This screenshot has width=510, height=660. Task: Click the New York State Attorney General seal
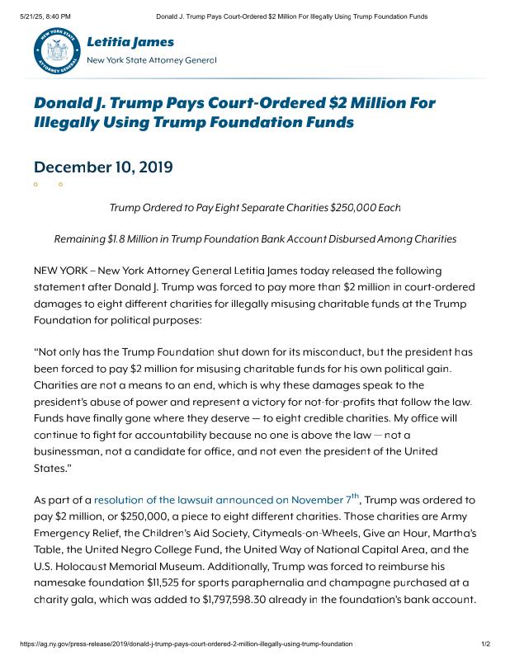coord(57,51)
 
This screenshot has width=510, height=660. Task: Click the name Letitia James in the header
coord(130,41)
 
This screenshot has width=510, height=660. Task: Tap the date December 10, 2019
coord(103,167)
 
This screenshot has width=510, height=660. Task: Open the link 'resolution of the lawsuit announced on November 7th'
coord(227,500)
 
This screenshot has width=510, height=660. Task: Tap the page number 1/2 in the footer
coord(486,643)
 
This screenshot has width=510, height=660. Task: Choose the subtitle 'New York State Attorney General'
coord(151,60)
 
